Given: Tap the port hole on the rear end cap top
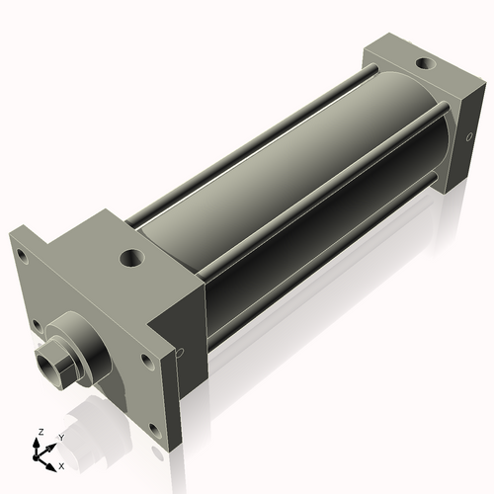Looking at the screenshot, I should click(x=425, y=64).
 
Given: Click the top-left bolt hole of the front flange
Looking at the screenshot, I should click(x=19, y=253).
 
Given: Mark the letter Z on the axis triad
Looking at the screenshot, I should click(x=40, y=433).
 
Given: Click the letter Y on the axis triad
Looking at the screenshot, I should click(x=60, y=438).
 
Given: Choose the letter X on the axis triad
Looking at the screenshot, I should click(x=61, y=464).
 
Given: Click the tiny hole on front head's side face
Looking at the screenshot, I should click(x=180, y=351).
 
